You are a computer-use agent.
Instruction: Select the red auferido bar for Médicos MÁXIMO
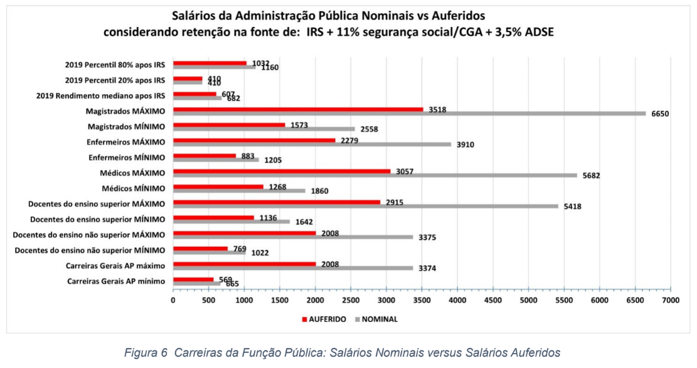click(282, 171)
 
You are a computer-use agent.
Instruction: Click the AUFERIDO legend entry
click(324, 319)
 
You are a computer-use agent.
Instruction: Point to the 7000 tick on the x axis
click(671, 301)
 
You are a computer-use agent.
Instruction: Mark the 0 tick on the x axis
click(173, 301)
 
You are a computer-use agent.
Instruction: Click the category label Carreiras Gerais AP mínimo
click(116, 281)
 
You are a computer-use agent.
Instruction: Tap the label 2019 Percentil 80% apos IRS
click(115, 65)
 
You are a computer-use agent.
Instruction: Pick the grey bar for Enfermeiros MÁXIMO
click(312, 144)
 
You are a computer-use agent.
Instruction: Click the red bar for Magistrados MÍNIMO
click(229, 124)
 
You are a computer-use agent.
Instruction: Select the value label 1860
click(317, 191)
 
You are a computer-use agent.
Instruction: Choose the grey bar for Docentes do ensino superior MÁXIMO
click(366, 206)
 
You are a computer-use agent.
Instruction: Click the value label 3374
click(425, 268)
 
